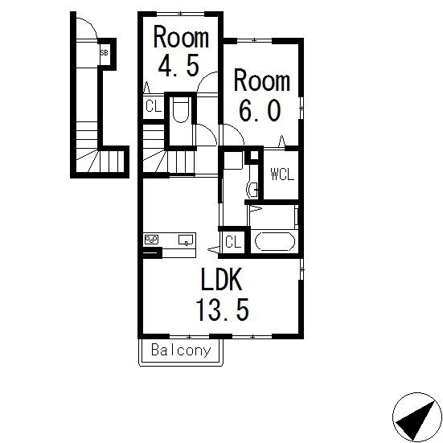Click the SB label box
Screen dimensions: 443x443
click(104, 53)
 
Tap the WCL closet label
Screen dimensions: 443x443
click(282, 174)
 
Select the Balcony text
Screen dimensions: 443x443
click(181, 351)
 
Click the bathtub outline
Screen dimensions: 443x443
click(275, 241)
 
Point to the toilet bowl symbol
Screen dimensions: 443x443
click(181, 110)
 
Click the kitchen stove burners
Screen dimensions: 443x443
click(151, 240)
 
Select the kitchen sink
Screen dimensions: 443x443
click(186, 240)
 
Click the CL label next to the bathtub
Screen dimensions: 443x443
click(233, 242)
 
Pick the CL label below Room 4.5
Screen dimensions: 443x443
click(154, 106)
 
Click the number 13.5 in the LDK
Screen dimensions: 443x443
click(223, 310)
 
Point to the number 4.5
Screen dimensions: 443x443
click(178, 66)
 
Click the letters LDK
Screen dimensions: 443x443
click(222, 279)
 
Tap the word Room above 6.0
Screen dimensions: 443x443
click(261, 80)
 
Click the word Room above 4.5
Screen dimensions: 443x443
click(181, 37)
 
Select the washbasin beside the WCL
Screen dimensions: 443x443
click(252, 189)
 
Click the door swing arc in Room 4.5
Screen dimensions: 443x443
click(203, 77)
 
